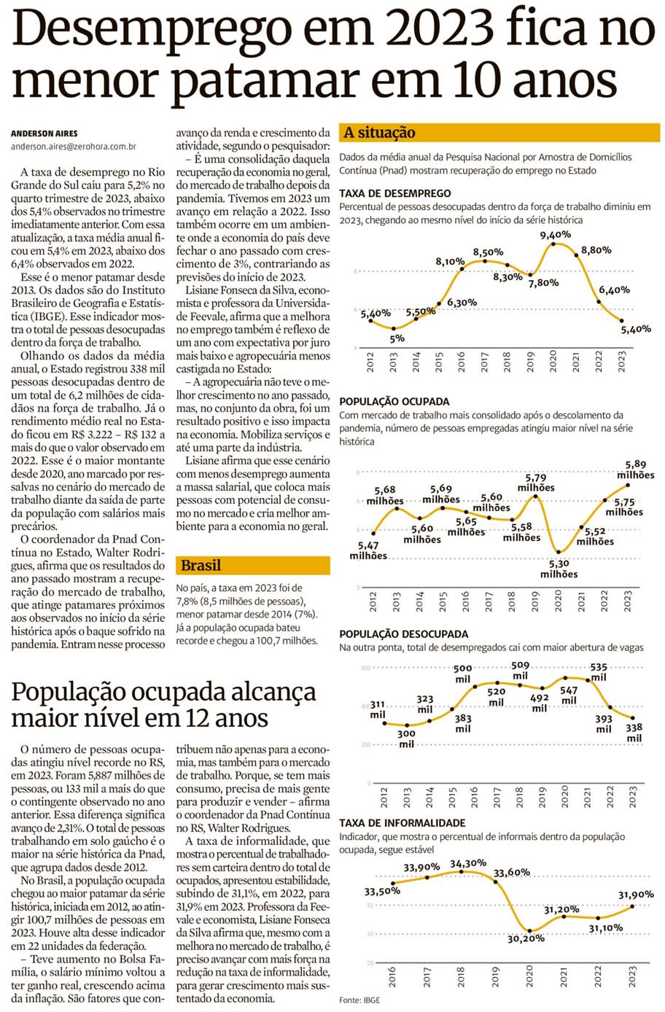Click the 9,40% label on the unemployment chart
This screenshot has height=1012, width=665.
click(x=555, y=235)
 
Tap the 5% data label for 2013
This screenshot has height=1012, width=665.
click(x=397, y=338)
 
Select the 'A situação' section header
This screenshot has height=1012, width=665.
click(x=379, y=133)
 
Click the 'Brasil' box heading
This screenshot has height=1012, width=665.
click(x=201, y=565)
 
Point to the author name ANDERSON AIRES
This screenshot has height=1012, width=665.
click(x=44, y=133)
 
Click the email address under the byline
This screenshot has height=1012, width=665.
click(x=73, y=147)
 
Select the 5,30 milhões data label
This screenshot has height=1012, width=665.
click(x=559, y=569)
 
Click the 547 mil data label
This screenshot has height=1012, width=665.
click(x=569, y=696)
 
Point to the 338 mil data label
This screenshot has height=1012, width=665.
click(x=634, y=733)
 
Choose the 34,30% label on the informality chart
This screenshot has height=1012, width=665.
click(x=467, y=863)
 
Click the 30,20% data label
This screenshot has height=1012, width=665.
click(x=526, y=938)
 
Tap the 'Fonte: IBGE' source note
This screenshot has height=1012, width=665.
click(x=359, y=1000)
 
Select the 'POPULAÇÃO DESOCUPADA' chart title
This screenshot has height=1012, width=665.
click(x=403, y=634)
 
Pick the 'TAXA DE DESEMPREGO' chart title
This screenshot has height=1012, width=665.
click(x=394, y=194)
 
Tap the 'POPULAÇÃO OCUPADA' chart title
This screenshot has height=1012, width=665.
click(x=394, y=402)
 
